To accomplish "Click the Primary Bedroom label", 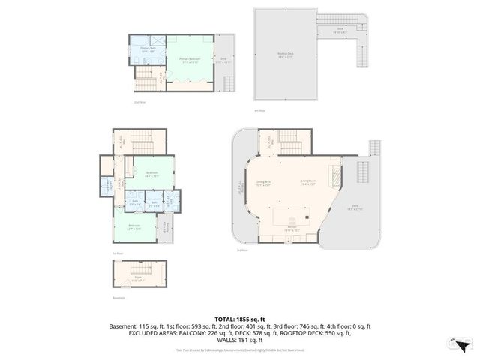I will point(189,59).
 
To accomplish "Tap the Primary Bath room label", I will point(148,49).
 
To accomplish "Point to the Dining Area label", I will point(263,181).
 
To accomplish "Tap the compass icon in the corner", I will point(459,344).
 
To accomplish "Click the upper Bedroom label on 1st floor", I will point(151,174).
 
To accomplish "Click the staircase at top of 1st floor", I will point(140,139).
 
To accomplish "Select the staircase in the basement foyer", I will point(136,270).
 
